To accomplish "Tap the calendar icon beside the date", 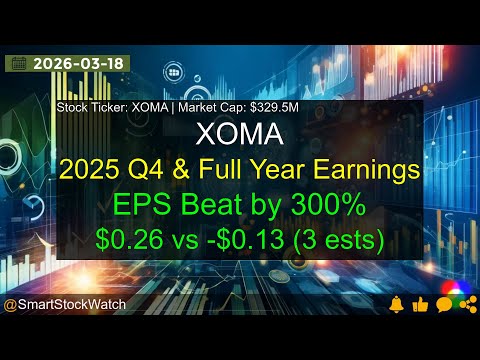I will pos(18,63).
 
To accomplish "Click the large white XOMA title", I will pos(240,134).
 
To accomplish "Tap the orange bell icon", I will pos(397,303).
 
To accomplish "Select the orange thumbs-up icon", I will pos(419,303).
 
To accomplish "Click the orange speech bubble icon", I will pos(443,303).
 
